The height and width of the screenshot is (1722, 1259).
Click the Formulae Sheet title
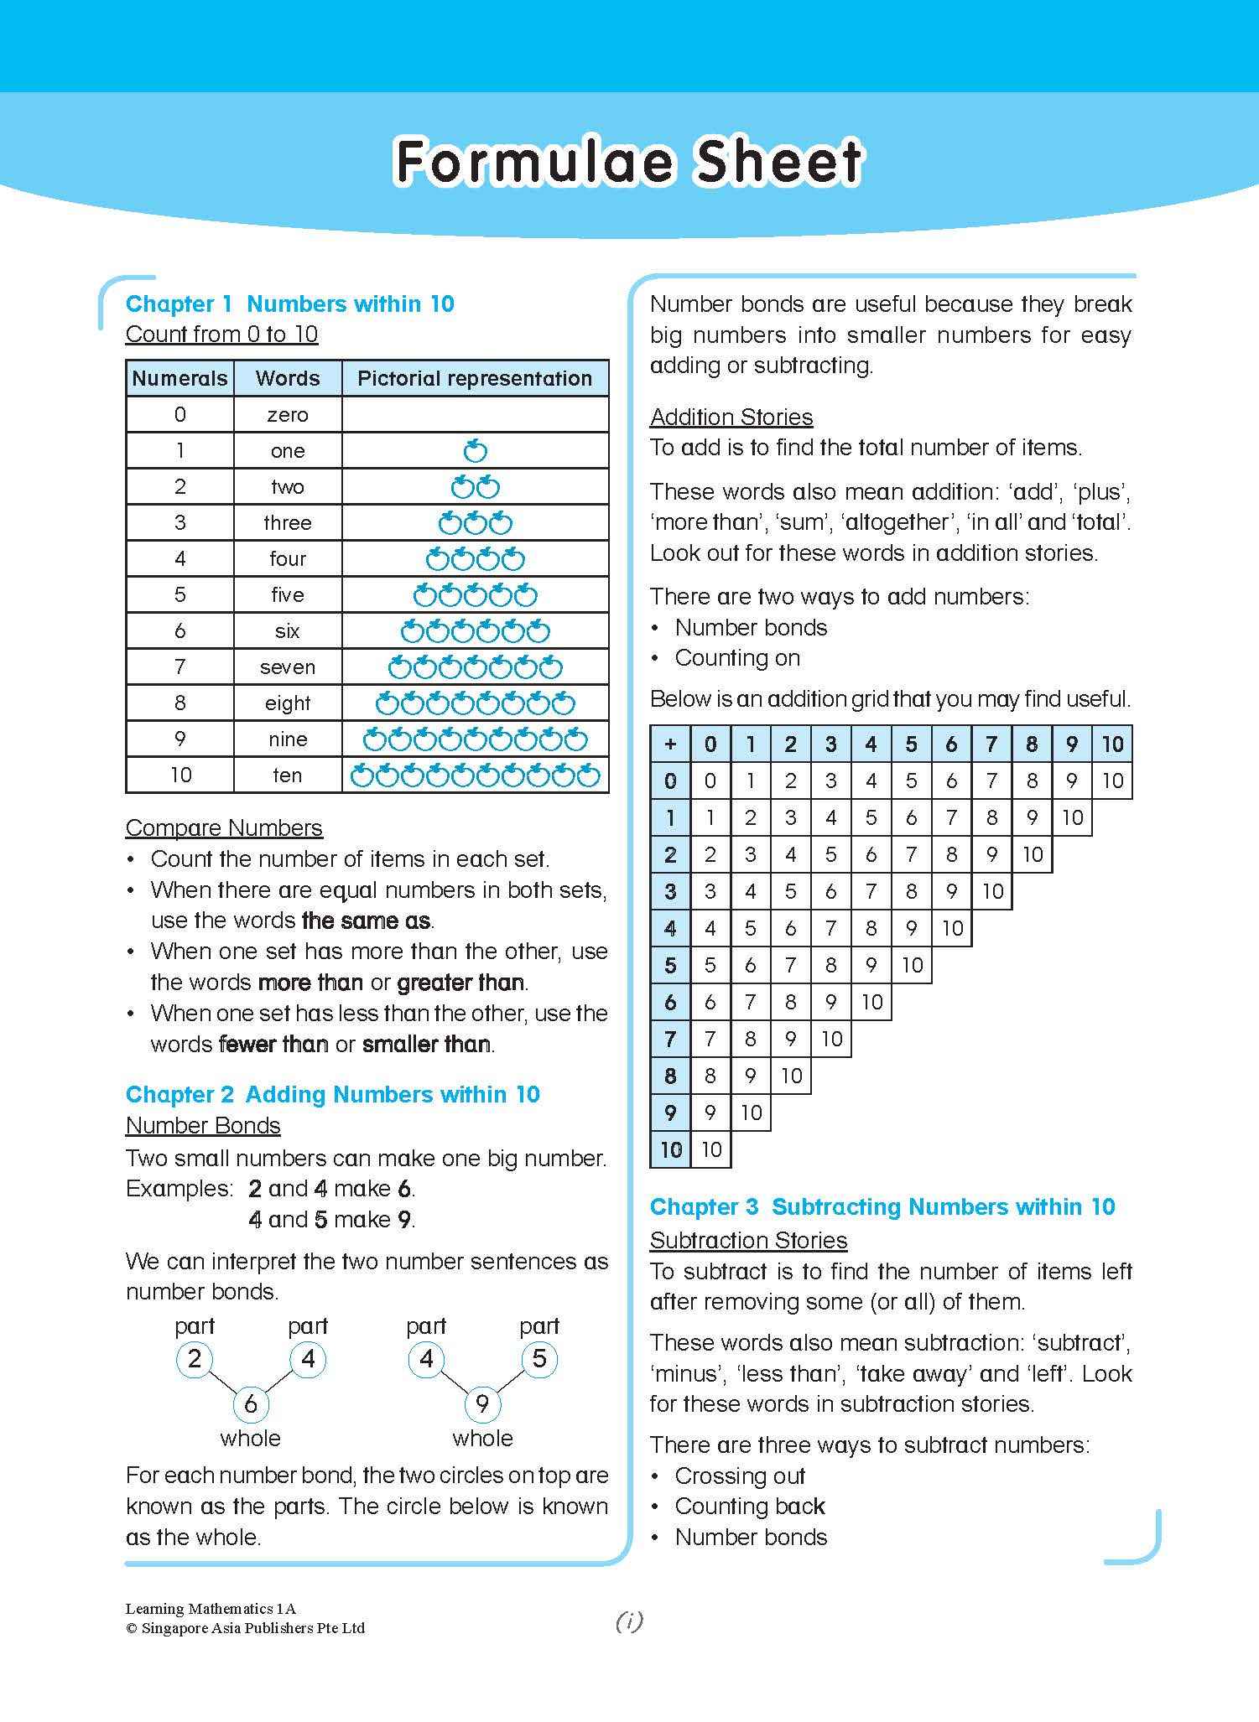click(628, 161)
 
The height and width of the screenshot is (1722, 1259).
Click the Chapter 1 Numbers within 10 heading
click(289, 303)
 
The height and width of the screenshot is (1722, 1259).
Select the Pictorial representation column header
click(475, 378)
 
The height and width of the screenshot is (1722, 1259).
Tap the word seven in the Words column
click(288, 667)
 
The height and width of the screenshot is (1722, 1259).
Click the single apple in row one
click(476, 451)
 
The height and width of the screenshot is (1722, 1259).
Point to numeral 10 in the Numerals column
click(180, 775)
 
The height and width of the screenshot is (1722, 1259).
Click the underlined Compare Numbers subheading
click(224, 828)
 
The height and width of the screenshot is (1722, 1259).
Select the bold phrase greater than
click(460, 983)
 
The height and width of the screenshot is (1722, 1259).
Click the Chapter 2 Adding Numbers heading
click(332, 1095)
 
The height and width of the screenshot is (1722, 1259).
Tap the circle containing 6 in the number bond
click(250, 1403)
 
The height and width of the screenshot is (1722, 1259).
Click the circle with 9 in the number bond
click(482, 1403)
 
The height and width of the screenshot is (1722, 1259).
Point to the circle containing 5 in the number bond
click(539, 1359)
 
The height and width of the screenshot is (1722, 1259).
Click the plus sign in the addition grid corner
click(670, 744)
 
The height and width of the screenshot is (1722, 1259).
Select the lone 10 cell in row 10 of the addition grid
click(710, 1149)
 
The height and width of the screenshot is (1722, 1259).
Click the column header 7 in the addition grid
click(991, 744)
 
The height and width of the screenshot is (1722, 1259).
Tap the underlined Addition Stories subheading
click(731, 418)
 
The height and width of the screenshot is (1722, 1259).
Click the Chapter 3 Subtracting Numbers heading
click(882, 1207)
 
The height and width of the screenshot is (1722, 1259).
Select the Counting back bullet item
click(750, 1507)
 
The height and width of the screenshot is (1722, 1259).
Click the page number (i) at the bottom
click(629, 1621)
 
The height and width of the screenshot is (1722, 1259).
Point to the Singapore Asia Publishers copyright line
click(245, 1628)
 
